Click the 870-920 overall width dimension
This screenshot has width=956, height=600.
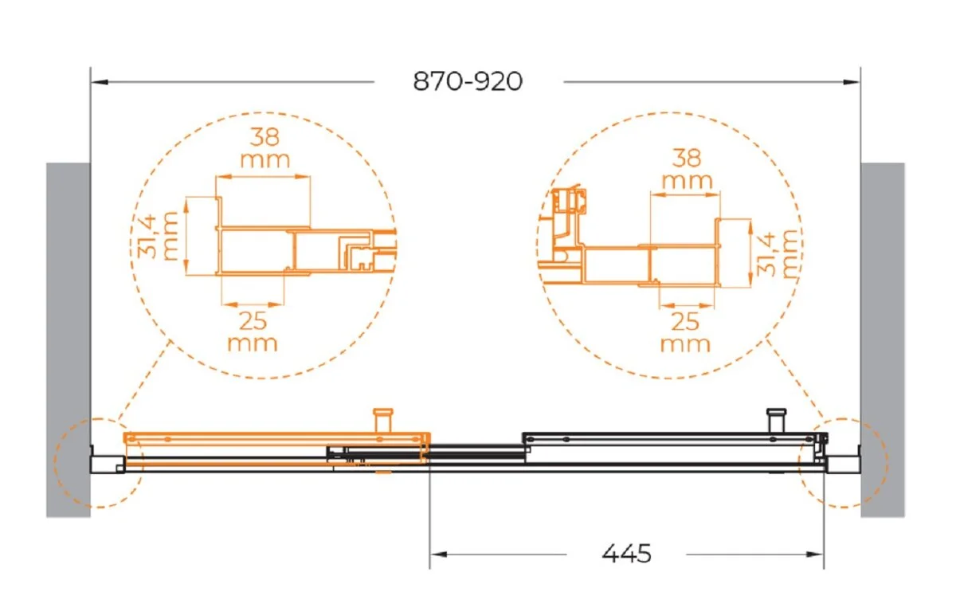pos(468,81)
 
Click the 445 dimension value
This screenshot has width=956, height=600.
pos(626,554)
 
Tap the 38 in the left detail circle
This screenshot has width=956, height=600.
pos(264,137)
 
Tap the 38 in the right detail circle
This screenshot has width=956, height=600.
pos(687,158)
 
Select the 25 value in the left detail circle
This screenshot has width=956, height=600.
pos(253,321)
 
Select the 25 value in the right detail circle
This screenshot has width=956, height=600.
pos(685,322)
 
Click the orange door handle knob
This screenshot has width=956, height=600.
pos(383,421)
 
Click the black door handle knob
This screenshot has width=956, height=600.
pos(776,421)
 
